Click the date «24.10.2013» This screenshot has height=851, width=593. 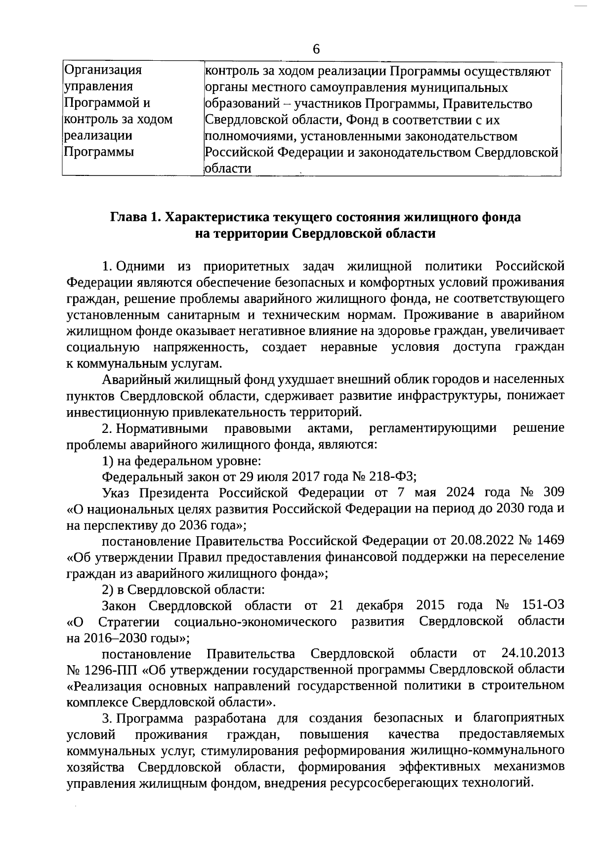(x=533, y=654)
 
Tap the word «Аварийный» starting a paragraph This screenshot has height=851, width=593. (x=134, y=380)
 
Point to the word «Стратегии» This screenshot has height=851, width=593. (x=129, y=621)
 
